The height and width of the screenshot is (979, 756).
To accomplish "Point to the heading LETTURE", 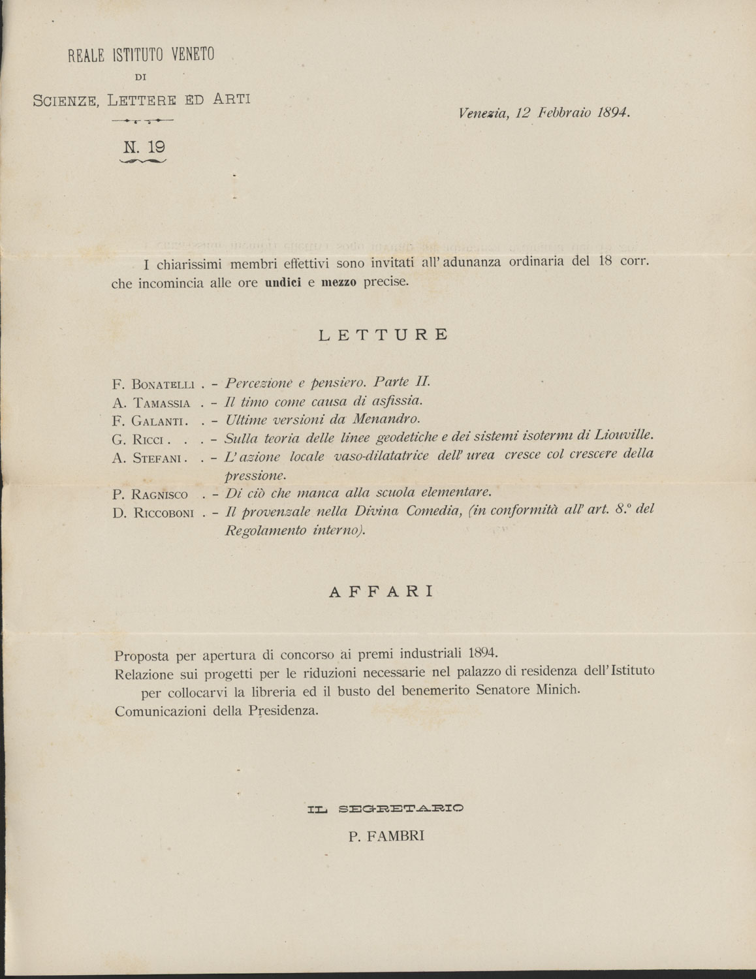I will click(384, 335).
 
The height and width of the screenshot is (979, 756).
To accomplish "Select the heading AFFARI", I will click(381, 592).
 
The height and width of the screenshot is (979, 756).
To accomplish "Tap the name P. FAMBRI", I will click(386, 836).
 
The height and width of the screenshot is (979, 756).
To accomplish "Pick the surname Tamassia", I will click(161, 404).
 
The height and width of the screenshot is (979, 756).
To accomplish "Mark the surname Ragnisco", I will click(160, 495).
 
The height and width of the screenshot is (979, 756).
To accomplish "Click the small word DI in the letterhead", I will click(140, 77).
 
